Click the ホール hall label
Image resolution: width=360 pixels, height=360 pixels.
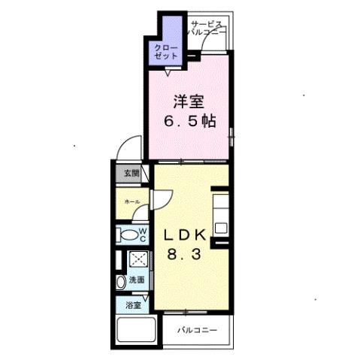132,201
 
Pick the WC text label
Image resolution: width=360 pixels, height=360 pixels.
142,234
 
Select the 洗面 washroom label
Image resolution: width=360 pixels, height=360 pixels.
138,280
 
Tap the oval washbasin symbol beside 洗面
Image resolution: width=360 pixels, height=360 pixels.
121,283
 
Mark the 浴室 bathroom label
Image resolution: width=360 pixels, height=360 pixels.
133,306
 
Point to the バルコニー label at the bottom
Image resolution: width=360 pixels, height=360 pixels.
197,330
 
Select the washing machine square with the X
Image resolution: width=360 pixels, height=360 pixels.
138,259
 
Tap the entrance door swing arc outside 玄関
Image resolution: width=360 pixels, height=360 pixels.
133,148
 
